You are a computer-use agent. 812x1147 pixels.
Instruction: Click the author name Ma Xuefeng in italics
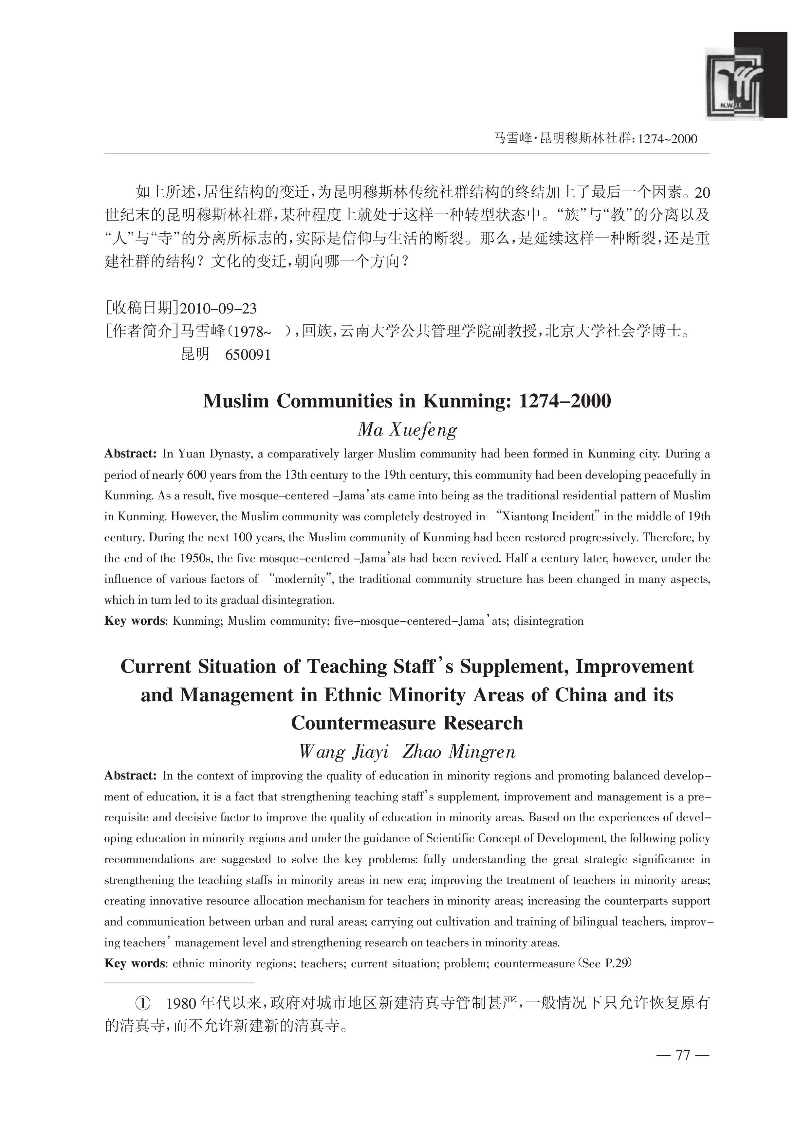click(407, 430)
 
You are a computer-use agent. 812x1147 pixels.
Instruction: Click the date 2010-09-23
click(218, 308)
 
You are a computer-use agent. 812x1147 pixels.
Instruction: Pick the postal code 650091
click(248, 354)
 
